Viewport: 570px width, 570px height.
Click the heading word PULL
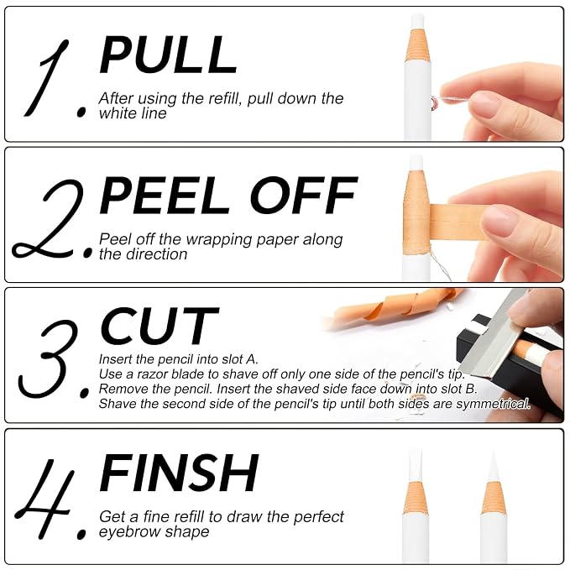coord(168,55)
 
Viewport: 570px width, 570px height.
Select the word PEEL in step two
coord(165,196)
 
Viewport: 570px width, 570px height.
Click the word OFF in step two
coord(303,196)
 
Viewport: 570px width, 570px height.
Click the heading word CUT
coord(159,326)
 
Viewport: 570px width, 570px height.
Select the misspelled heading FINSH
coord(179,473)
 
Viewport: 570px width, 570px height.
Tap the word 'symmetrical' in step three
coord(493,404)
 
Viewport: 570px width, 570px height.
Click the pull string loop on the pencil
coord(433,103)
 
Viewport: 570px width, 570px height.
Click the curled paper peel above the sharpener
coord(393,306)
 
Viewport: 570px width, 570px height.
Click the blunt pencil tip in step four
coord(416,465)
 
